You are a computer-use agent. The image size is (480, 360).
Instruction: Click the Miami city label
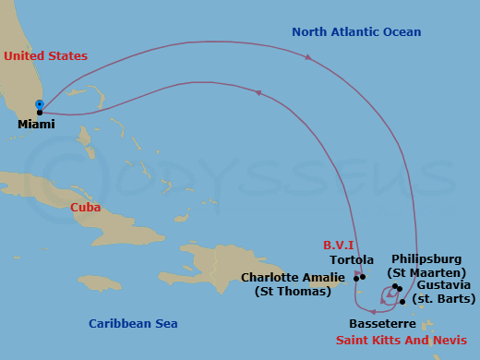click(37, 124)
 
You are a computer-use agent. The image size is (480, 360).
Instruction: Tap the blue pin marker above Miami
click(39, 104)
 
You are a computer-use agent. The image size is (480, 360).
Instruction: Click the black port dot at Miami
click(40, 113)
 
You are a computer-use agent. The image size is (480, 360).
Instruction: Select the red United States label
click(45, 56)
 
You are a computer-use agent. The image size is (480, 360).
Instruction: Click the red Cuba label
click(86, 207)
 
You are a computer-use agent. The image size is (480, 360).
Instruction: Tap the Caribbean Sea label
click(133, 323)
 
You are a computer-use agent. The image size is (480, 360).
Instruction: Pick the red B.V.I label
click(338, 246)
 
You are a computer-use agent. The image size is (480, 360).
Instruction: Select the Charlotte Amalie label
click(293, 277)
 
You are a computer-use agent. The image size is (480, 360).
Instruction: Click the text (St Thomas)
click(293, 292)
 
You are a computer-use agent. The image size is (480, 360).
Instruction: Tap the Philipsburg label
click(427, 259)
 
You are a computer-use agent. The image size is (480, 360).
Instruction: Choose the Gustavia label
click(443, 286)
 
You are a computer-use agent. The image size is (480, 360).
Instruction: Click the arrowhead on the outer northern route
click(307, 57)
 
